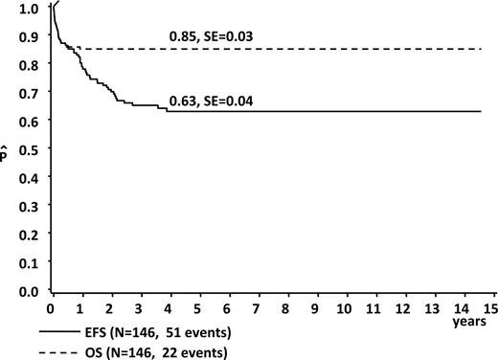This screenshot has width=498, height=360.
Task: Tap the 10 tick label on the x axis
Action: (x=342, y=309)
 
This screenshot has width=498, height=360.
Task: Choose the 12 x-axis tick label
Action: (x=400, y=309)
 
